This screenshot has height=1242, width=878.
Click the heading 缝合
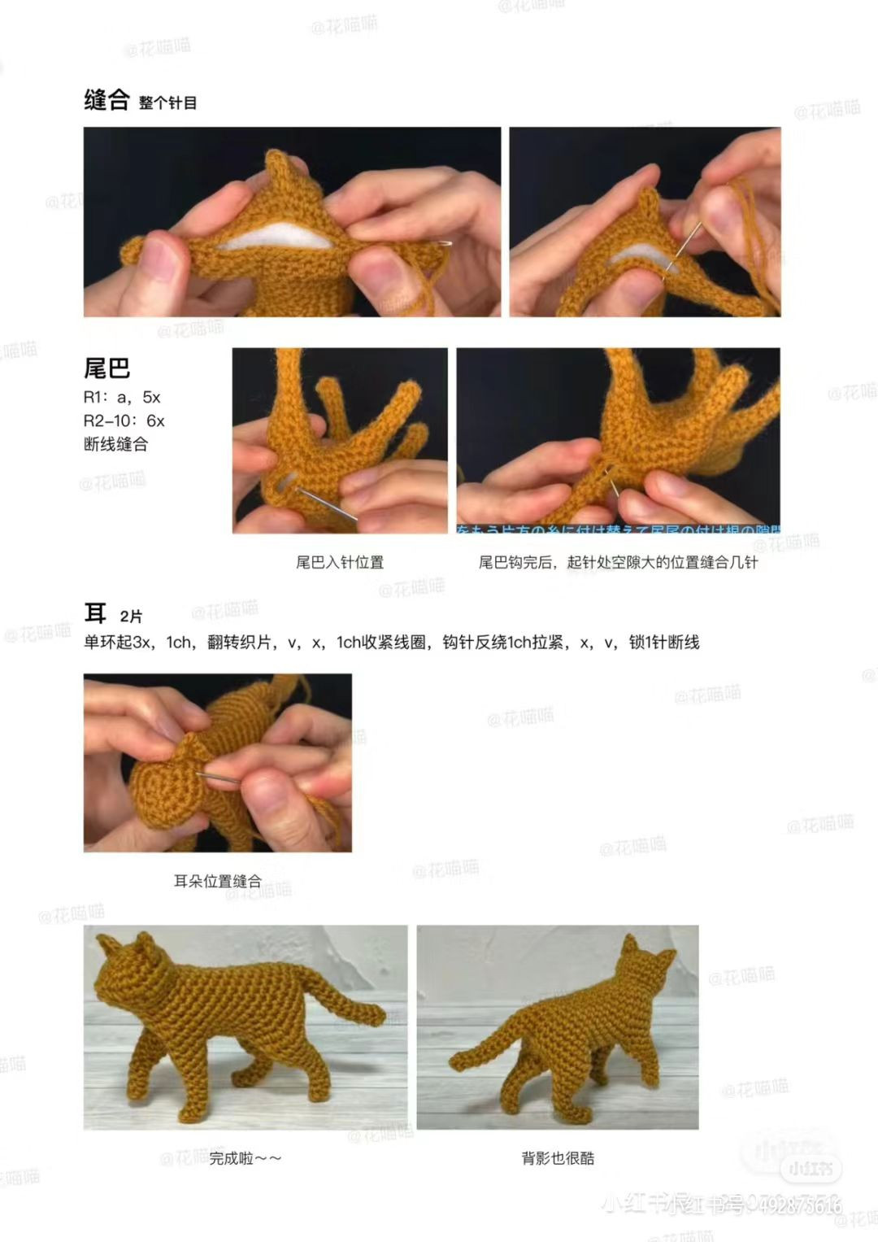coord(106,100)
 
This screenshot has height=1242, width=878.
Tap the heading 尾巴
coord(106,368)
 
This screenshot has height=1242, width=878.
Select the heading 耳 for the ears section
coord(96,613)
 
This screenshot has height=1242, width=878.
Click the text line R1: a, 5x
coord(122,398)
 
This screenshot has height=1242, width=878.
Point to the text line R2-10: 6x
coord(124,421)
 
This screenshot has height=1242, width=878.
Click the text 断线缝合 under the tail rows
coord(115,444)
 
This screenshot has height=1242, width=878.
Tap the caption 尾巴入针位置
coord(340,562)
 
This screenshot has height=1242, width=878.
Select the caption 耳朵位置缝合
coord(218,881)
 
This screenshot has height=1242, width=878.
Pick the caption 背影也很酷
coord(558,1158)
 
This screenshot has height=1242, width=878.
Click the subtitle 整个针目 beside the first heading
coord(168,102)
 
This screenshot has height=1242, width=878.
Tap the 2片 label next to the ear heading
coord(131,617)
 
